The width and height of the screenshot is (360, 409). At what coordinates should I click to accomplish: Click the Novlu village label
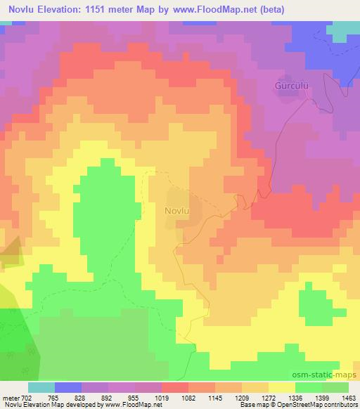click(x=178, y=210)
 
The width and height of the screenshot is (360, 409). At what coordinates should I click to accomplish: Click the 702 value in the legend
click(x=26, y=398)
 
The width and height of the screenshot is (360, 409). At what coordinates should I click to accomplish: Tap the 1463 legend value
click(x=350, y=398)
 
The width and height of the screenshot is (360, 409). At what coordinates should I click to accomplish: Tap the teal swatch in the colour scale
click(x=41, y=387)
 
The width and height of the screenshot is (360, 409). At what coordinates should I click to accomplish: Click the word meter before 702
click(x=11, y=398)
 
